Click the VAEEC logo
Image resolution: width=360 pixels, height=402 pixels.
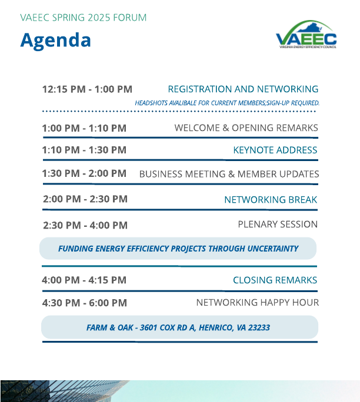(x=306, y=34)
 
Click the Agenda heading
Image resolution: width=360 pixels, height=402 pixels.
(x=55, y=41)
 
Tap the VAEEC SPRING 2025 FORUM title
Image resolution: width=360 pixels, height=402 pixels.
(x=84, y=18)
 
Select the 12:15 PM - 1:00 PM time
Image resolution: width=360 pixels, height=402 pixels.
(x=87, y=89)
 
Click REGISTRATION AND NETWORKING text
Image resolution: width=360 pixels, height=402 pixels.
(x=243, y=89)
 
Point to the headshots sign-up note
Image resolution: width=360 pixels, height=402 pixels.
(x=227, y=103)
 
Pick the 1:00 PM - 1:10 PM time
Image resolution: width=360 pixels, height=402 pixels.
(x=84, y=128)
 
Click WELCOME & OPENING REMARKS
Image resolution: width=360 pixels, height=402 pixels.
(x=246, y=128)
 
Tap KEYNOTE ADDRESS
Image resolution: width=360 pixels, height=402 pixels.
(x=275, y=150)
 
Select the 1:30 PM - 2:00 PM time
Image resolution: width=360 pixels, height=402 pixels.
(x=84, y=173)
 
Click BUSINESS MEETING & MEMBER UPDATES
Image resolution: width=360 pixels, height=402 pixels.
(x=229, y=174)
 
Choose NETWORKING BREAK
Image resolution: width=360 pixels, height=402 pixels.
(x=271, y=200)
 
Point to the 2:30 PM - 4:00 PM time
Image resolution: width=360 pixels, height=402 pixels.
(x=85, y=225)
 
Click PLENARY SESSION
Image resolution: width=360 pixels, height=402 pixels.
(x=278, y=225)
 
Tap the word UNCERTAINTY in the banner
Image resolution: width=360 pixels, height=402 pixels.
(x=273, y=249)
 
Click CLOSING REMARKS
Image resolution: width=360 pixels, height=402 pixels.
(x=275, y=280)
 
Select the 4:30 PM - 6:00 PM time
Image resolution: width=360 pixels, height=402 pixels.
(x=85, y=303)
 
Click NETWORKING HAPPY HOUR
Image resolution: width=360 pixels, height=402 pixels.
(x=258, y=303)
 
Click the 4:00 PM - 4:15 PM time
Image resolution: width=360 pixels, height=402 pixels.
(x=84, y=280)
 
